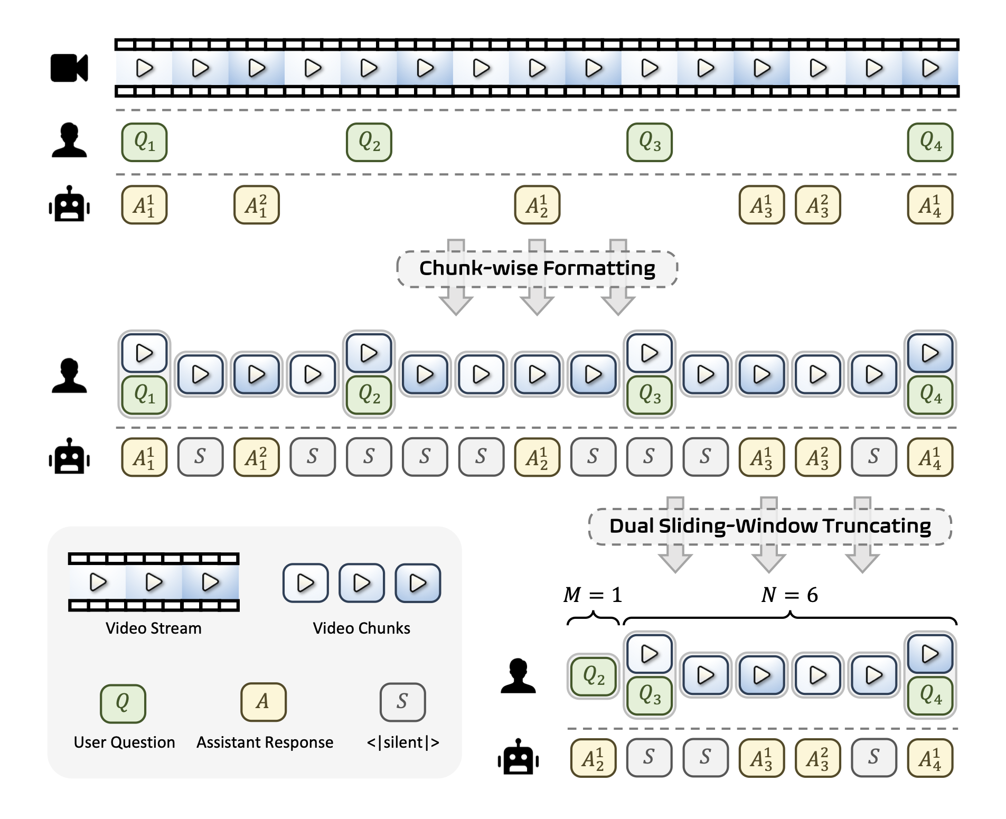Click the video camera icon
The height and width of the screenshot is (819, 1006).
click(x=69, y=68)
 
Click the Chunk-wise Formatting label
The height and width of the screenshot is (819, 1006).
click(x=537, y=268)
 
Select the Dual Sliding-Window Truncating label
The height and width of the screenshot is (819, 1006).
click(x=769, y=526)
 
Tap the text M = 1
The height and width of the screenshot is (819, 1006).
click(x=593, y=595)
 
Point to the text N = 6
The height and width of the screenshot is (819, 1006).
click(x=789, y=595)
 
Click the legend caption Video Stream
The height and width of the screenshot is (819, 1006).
click(x=153, y=628)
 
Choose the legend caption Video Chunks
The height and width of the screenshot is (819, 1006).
click(x=361, y=628)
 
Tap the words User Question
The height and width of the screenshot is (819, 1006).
click(x=124, y=742)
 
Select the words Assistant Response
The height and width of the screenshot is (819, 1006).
click(x=265, y=742)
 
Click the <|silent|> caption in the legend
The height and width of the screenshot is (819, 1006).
click(x=403, y=742)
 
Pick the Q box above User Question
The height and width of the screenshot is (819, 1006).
click(x=123, y=703)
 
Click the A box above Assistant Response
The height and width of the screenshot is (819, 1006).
click(x=264, y=702)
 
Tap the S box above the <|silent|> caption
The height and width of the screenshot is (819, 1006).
click(x=402, y=702)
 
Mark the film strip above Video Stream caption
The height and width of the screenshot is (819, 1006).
click(x=153, y=582)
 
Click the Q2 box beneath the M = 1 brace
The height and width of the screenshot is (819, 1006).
click(x=593, y=676)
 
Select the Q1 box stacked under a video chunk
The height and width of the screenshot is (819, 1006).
click(x=144, y=394)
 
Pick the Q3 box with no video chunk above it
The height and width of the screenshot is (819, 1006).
click(x=650, y=142)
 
